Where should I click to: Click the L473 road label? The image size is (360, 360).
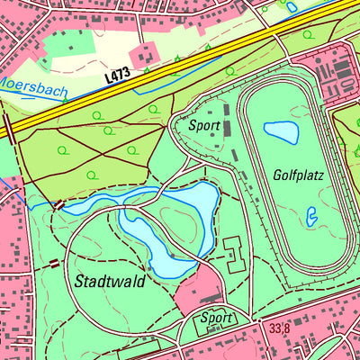coord(118,75)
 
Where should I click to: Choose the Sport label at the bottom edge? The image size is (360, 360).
coord(217,318)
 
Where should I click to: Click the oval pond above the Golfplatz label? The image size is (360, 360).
coord(280,132)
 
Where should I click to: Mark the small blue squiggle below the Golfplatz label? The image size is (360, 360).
coord(311,216)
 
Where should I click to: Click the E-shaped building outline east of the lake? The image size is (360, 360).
coord(234,255)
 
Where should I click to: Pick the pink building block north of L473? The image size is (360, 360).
coord(145,56)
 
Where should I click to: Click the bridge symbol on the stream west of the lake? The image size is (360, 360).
coord(59,205)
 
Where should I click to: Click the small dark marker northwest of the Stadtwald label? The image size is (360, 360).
coord(54,264)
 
